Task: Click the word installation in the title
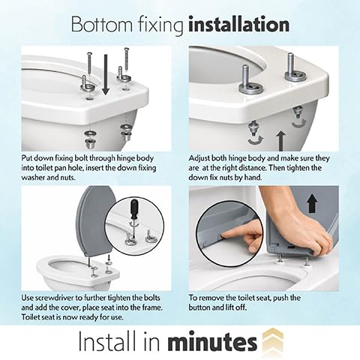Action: coord(238,25)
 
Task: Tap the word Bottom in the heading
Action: coord(102,25)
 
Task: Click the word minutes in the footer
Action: coord(212,341)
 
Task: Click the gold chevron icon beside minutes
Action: coord(273,340)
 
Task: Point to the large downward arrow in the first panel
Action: coord(106,74)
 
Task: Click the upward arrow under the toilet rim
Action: coord(281,141)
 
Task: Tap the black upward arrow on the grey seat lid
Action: coord(312,203)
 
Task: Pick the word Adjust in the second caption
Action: coord(199,158)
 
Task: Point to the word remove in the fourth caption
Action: coord(211,298)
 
